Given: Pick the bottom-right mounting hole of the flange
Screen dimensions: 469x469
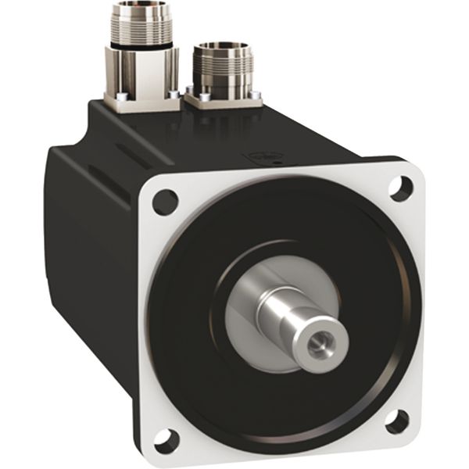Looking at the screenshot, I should coord(396,419).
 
